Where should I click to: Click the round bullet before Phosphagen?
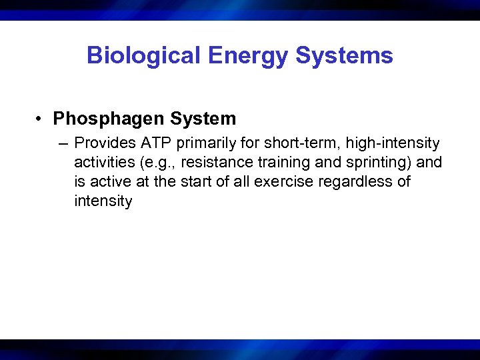click(x=41, y=119)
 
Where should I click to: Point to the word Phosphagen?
click(x=109, y=119)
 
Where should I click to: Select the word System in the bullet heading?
click(x=203, y=119)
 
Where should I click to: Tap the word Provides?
click(x=101, y=143)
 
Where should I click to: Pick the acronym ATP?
click(x=148, y=143)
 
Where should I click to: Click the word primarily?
click(x=194, y=143)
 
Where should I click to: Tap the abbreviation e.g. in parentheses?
click(x=159, y=163)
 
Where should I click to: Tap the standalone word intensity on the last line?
click(x=103, y=201)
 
